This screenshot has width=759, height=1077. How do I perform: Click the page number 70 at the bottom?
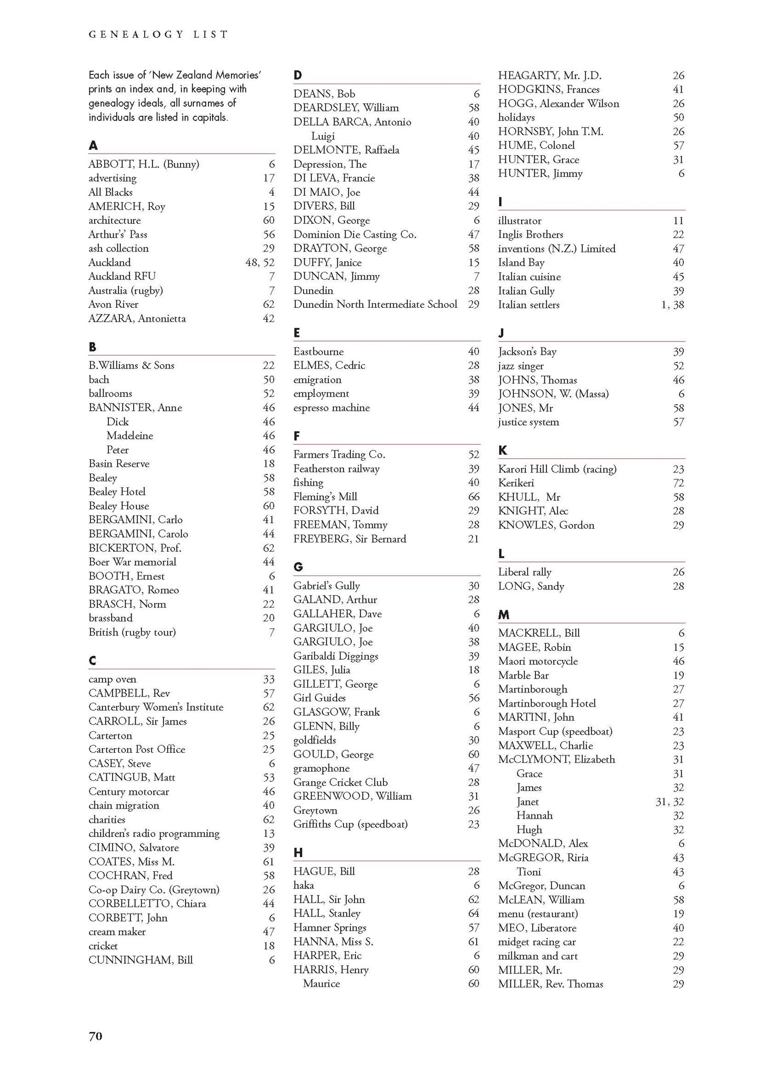coord(95,1036)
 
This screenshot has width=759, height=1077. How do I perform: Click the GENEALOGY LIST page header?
coord(158,35)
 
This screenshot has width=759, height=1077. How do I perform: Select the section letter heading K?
coord(502,450)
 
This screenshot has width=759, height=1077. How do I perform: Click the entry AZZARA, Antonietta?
coord(137,318)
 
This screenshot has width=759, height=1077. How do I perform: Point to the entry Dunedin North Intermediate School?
coord(375,304)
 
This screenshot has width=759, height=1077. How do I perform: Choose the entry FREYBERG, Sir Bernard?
coord(349,539)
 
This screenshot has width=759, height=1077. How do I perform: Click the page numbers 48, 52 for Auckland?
coord(260,262)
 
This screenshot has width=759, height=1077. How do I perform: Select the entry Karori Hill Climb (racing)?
coord(557,469)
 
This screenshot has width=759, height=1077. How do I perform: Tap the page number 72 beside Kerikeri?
coord(678,483)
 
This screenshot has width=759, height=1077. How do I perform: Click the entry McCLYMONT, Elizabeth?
coord(556,759)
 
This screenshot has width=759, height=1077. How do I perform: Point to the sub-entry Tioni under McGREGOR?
coord(529,872)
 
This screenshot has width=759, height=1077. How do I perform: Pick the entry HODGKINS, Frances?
coord(549,89)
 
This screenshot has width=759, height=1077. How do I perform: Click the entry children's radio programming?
coord(154,833)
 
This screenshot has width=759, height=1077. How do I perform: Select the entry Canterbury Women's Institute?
coord(156,707)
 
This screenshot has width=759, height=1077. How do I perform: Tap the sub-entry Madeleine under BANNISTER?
coord(129,436)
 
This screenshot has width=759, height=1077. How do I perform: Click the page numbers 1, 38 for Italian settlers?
coord(672,305)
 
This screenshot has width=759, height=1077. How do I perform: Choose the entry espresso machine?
coord(331,408)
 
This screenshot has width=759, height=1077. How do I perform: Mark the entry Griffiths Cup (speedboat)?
coord(350,824)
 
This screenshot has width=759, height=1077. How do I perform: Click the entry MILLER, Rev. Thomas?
coord(550,984)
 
